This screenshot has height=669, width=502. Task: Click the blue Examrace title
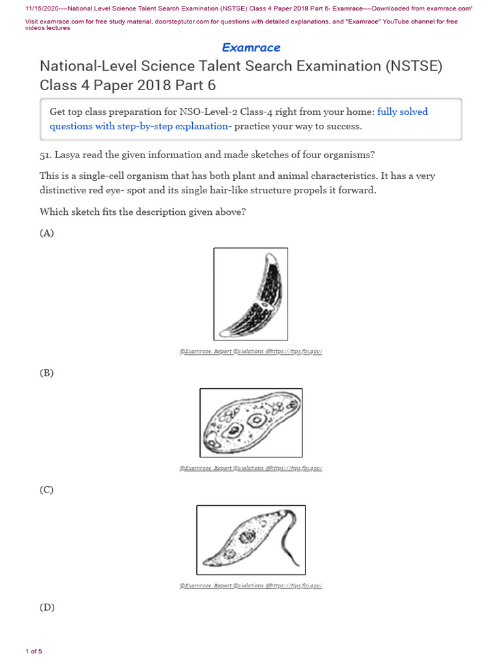pos(251,47)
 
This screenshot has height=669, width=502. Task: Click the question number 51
pos(46,155)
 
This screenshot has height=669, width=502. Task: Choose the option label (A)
pos(46,233)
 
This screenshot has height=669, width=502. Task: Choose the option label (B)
pos(46,373)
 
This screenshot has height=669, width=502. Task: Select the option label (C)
pos(46,489)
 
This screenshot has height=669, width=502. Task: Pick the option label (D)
pos(46,607)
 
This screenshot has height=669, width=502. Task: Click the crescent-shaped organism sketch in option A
pos(251,294)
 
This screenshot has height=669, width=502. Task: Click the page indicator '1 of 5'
pos(34,651)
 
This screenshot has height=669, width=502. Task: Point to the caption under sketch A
pos(251,351)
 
